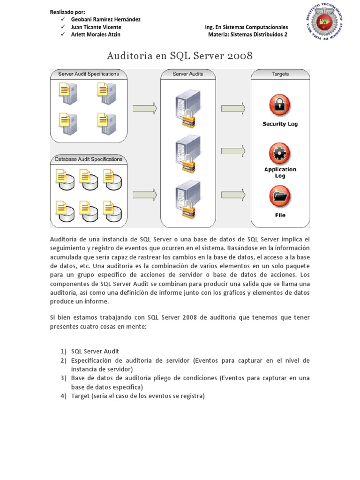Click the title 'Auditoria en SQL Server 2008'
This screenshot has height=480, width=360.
click(180, 56)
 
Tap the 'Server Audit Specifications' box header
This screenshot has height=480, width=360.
click(88, 74)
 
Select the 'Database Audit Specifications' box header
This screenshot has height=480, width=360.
click(88, 159)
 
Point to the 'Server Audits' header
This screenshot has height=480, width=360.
click(187, 74)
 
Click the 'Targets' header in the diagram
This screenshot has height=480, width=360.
click(280, 74)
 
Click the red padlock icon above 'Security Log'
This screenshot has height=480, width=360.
click(280, 105)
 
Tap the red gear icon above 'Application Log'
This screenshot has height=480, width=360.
click(280, 153)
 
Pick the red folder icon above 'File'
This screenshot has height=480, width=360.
click(280, 197)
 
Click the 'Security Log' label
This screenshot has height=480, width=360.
click(280, 124)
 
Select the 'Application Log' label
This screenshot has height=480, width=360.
click(280, 172)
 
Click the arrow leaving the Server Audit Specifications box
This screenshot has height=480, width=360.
click(144, 109)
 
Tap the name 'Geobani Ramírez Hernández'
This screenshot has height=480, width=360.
click(105, 20)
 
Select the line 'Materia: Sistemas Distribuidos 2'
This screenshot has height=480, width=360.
click(248, 35)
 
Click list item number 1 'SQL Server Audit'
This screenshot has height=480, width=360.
click(95, 351)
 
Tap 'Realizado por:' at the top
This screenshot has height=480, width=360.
click(69, 12)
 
